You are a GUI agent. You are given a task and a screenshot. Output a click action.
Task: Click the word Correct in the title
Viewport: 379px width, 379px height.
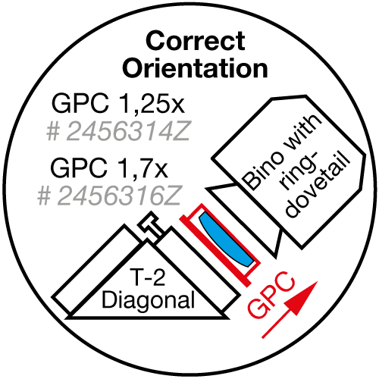click(x=196, y=41)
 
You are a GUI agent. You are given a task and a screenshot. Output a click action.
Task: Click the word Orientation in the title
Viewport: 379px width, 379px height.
click(x=195, y=68)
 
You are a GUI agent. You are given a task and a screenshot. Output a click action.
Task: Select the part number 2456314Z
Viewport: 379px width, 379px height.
click(x=128, y=131)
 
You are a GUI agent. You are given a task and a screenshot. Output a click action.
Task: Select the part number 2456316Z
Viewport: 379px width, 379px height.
click(x=119, y=196)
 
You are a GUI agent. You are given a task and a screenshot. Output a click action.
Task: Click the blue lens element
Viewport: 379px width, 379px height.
click(x=225, y=239)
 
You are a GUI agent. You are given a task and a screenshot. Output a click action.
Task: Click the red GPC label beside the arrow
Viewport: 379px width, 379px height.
click(x=271, y=295)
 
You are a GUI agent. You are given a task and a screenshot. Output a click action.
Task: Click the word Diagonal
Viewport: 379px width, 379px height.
click(x=148, y=299)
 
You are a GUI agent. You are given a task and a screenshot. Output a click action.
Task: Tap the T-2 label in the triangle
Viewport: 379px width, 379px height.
click(x=147, y=277)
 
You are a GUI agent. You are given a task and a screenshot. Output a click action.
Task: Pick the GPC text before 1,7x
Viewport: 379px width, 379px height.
click(x=79, y=168)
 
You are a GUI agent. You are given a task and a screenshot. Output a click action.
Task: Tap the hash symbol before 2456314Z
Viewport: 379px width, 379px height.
click(x=53, y=132)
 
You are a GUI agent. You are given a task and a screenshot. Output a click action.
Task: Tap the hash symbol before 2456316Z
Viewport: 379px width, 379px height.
click(x=44, y=196)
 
